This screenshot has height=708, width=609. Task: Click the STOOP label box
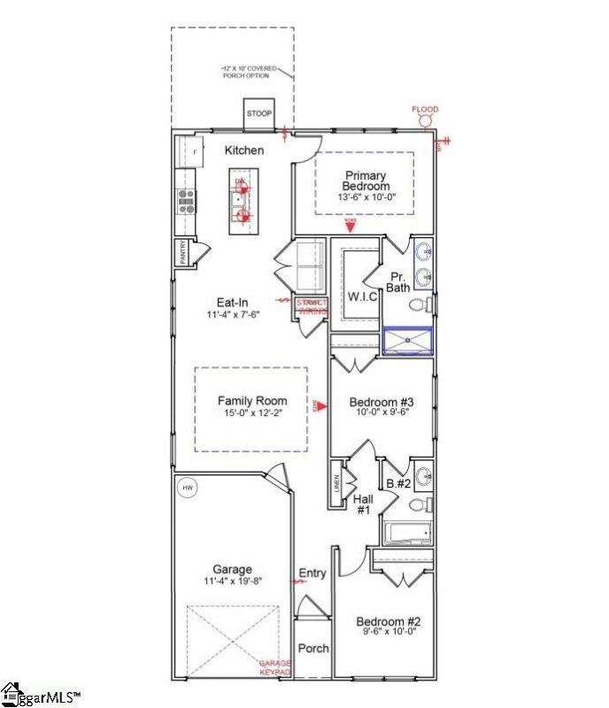[259, 114]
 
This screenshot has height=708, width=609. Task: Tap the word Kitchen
[243, 150]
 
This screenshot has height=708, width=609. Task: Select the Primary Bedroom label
[366, 181]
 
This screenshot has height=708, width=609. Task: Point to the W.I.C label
[362, 296]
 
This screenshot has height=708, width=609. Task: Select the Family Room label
[252, 401]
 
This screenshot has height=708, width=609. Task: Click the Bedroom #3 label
[382, 401]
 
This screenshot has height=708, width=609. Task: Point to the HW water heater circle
[188, 488]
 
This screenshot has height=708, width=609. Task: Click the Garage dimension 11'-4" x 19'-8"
[232, 581]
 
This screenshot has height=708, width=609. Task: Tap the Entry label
[312, 573]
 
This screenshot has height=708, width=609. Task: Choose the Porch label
[312, 649]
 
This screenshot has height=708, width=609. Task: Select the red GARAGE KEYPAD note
[275, 668]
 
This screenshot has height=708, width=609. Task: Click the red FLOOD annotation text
[425, 110]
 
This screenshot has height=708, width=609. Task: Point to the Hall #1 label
[363, 504]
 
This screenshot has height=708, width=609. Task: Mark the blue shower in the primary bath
[407, 341]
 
